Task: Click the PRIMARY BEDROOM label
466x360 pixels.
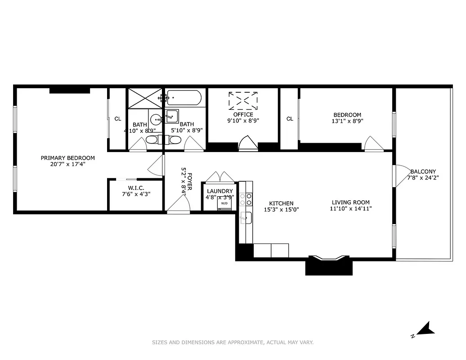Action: [68, 158]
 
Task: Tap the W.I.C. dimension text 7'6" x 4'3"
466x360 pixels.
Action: [136, 194]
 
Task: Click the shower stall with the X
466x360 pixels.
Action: [145, 98]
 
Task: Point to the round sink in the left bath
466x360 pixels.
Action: [156, 120]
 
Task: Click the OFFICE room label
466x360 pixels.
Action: [243, 115]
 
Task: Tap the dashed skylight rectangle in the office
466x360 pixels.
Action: [243, 101]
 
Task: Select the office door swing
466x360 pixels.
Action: [248, 144]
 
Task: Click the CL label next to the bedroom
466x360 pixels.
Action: [290, 119]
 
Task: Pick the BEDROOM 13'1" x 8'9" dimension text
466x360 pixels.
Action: [347, 121]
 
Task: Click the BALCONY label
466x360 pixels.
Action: [423, 171]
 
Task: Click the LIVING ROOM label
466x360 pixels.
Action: [351, 202]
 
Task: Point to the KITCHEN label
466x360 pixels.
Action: [281, 203]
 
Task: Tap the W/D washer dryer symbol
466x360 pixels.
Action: [224, 203]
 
